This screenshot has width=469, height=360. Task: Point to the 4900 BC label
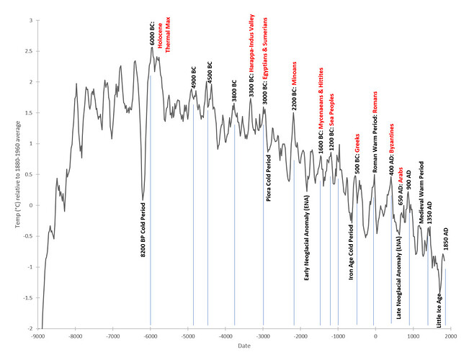(x=194, y=77)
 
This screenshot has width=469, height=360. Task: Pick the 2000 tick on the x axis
(x=450, y=335)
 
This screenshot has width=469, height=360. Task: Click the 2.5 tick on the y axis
(x=29, y=51)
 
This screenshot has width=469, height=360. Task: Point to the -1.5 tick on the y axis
(x=27, y=297)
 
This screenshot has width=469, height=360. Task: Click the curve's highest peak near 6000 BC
(x=153, y=48)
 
